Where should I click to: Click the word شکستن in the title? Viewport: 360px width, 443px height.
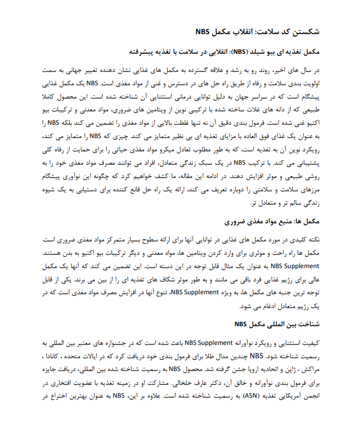point(308,33)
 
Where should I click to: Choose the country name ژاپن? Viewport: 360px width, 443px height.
point(288,369)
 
